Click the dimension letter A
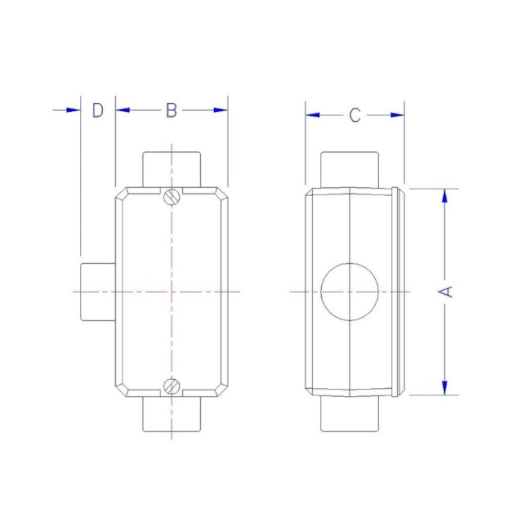446,292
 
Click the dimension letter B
171,110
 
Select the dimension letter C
355,115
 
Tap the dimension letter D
97,110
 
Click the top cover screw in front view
172,196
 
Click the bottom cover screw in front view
172,387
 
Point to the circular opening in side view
351,292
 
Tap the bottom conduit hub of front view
172,414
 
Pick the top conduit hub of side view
350,169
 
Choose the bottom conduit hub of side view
350,414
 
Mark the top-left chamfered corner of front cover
121,194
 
